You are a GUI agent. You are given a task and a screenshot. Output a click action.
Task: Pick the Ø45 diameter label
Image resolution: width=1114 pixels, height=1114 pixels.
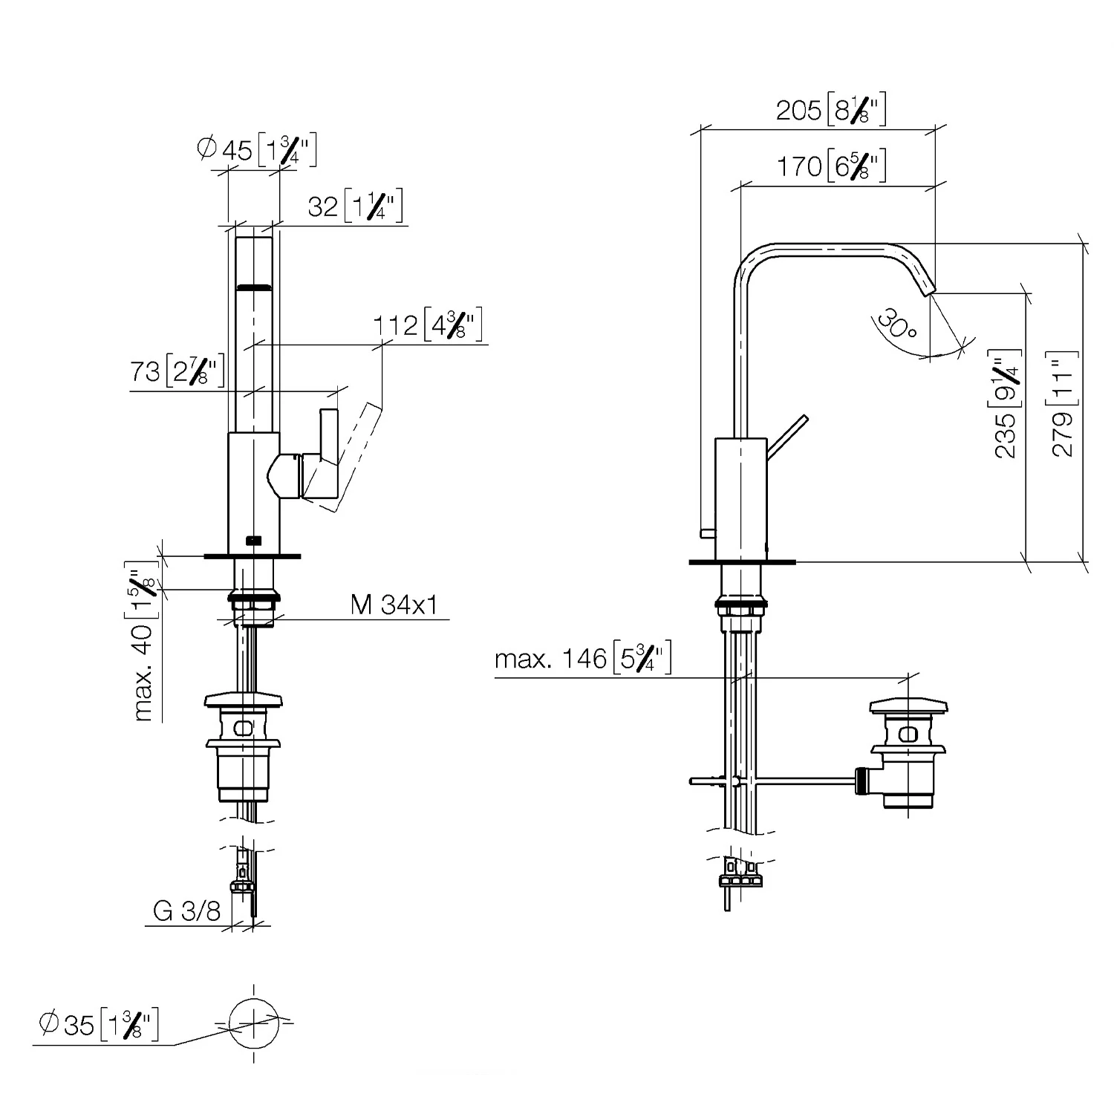257,150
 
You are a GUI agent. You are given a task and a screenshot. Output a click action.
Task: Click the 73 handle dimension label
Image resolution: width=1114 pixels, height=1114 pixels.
177,371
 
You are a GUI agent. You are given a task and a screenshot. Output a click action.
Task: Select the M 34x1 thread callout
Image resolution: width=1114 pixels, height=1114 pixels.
394,605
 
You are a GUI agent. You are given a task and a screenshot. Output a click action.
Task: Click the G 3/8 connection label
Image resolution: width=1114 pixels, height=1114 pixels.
186,911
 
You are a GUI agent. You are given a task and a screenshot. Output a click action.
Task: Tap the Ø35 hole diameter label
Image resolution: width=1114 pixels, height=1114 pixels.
98,1026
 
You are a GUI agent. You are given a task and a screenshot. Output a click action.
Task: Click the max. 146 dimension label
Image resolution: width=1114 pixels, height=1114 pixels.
583,659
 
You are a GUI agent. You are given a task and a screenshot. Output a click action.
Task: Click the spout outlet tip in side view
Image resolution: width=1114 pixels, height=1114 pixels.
929,290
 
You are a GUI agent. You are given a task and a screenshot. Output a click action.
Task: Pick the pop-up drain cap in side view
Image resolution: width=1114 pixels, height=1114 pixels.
908,706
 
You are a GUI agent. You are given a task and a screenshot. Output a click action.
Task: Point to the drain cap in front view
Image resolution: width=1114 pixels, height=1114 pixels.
244,703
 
